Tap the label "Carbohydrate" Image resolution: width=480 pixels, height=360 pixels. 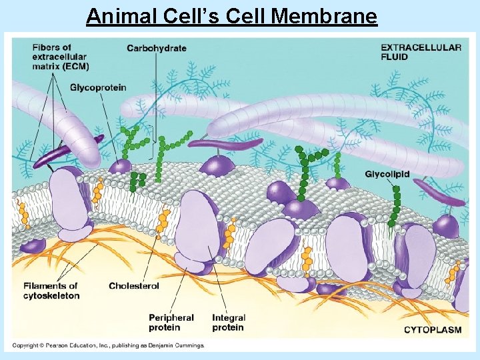point(157,48)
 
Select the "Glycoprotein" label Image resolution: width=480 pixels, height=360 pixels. point(98,87)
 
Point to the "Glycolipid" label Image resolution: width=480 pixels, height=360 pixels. point(387,175)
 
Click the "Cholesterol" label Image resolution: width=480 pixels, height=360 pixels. point(134,286)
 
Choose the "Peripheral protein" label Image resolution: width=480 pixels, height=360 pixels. point(171,323)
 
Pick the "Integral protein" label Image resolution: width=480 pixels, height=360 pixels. point(229,323)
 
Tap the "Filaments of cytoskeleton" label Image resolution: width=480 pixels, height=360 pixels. point(51,291)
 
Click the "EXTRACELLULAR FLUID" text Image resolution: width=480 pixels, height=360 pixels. point(421,52)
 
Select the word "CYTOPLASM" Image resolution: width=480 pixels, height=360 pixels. point(433,330)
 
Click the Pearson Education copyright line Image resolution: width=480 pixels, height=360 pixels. point(108,345)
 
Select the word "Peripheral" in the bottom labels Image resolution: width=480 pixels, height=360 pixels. point(171,318)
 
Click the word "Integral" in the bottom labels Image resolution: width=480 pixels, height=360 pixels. point(229,318)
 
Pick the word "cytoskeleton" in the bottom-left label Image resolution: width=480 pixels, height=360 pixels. point(51,295)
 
